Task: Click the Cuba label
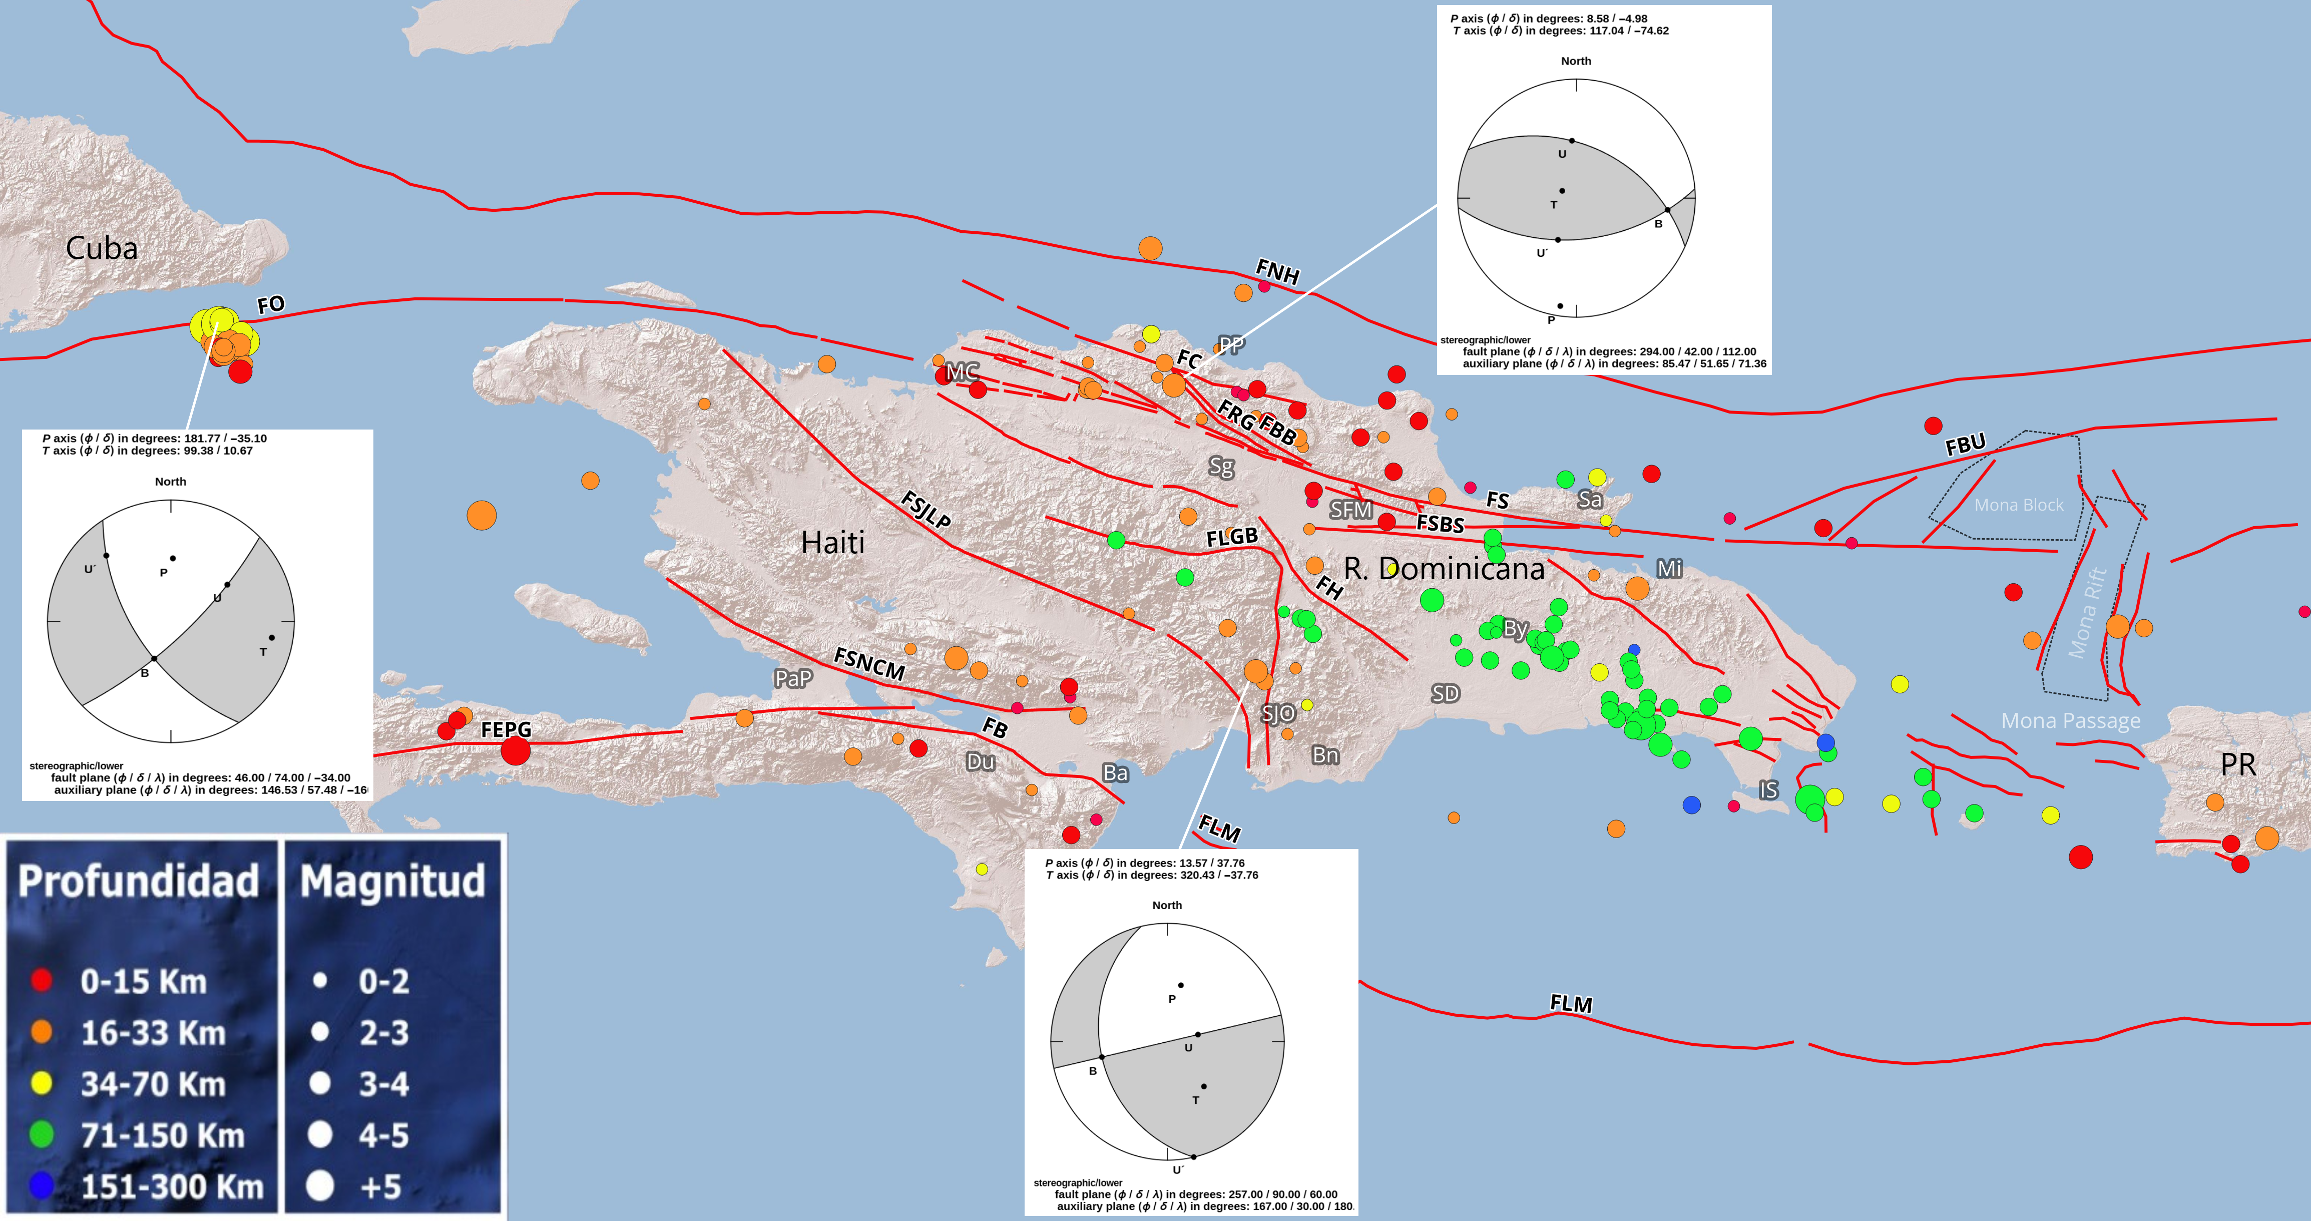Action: pos(102,248)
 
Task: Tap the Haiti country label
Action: pos(832,543)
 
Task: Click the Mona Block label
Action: pos(2019,505)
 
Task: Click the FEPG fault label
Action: pos(506,729)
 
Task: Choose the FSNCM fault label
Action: pos(868,664)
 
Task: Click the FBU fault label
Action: pos(1965,444)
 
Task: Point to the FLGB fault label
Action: pos(1232,537)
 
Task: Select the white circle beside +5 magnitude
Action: pos(320,1186)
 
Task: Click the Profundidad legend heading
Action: pos(139,881)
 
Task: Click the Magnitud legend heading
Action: pos(392,881)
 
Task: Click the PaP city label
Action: pos(793,678)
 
